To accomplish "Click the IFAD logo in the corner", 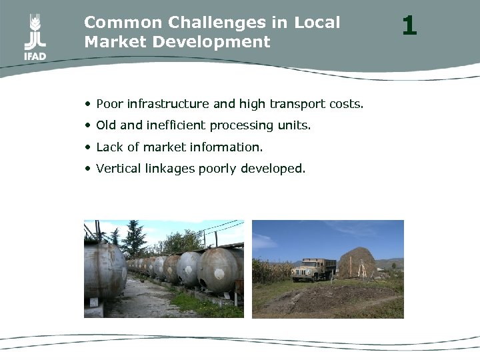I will click(35, 39).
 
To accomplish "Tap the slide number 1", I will click(409, 26).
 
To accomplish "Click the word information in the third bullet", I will click(227, 147).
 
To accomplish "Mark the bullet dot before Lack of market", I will click(88, 147).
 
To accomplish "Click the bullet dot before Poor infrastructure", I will click(88, 104).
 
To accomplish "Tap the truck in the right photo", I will click(314, 269).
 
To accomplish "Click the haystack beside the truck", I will click(359, 263).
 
